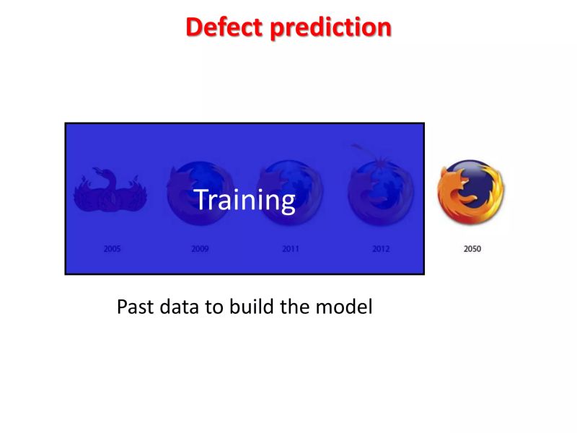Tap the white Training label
[x=245, y=200]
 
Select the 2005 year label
[x=112, y=249]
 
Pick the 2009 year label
[x=200, y=249]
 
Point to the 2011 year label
[x=291, y=249]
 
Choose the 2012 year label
[x=381, y=249]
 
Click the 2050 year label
[x=472, y=249]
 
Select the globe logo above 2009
[x=200, y=192]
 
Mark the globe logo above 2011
[x=290, y=192]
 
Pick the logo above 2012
[x=380, y=192]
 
